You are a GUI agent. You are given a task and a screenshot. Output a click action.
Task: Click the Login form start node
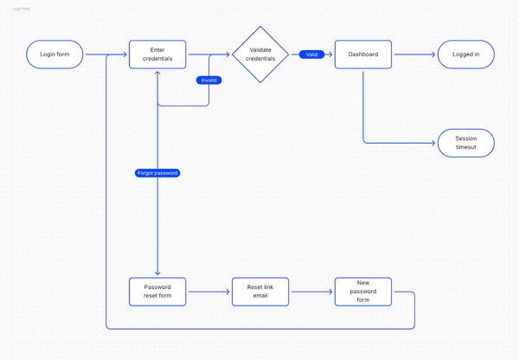pos(55,55)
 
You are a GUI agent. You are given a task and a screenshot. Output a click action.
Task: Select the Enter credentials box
pos(157,55)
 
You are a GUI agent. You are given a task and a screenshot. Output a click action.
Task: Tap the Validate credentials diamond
pos(261,55)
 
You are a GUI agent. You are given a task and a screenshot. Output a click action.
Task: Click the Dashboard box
pos(362,55)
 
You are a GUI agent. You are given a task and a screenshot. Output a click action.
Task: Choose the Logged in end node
pos(465,55)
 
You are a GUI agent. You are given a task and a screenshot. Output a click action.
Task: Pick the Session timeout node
pos(465,143)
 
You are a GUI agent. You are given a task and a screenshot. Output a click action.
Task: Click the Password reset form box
pos(157,292)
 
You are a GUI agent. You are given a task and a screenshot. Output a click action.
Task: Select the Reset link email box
pos(260,292)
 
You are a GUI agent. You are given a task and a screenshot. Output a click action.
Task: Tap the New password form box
pos(362,292)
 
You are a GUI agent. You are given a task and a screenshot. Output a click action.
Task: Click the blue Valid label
pos(311,55)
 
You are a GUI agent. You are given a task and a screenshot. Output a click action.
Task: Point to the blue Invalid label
pos(208,80)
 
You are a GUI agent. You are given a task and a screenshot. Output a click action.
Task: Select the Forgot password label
pos(157,173)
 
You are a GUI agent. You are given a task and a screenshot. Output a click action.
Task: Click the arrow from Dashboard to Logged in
pos(413,55)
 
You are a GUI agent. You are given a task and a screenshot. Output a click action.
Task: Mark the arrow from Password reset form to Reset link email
pos(208,292)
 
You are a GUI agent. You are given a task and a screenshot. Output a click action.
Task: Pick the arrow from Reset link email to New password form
pos(311,292)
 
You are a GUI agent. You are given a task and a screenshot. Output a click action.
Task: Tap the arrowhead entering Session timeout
pos(432,143)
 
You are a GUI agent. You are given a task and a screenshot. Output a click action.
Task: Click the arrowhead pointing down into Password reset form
pos(157,273)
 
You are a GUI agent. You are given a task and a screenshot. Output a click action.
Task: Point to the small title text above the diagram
pos(22,9)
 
